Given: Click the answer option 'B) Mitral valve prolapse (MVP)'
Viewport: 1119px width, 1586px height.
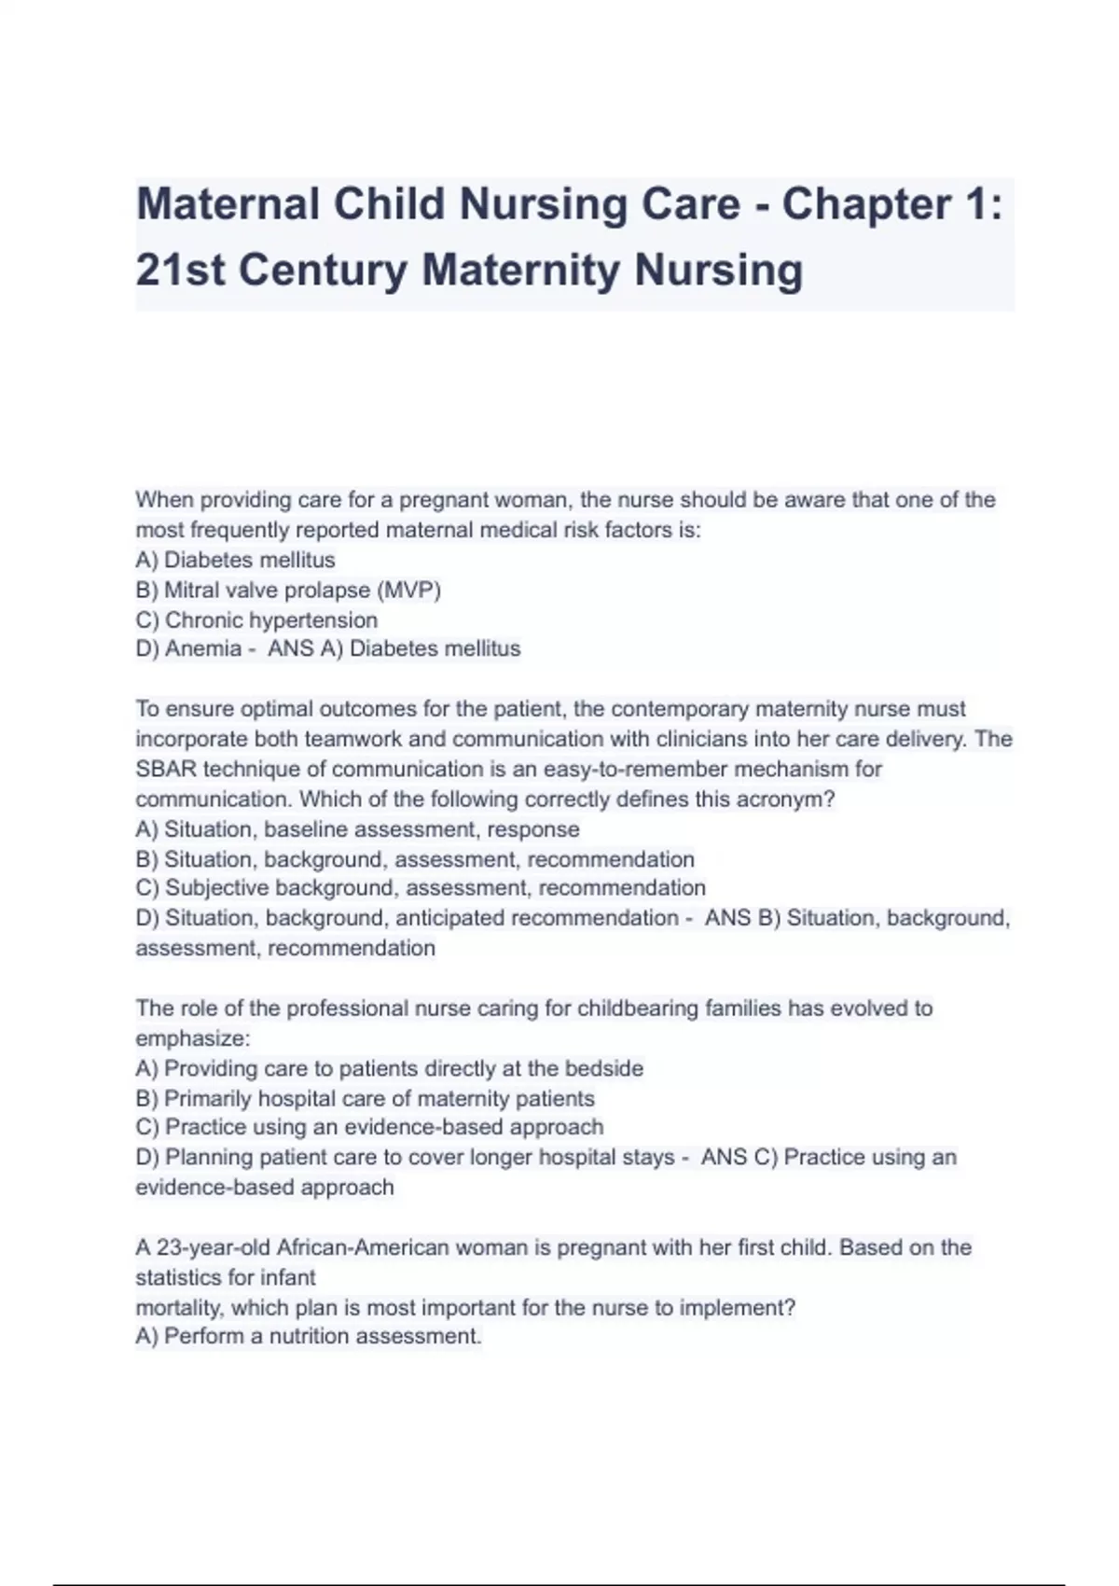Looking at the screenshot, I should click(288, 591).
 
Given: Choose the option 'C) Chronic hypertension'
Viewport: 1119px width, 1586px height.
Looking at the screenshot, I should click(256, 620).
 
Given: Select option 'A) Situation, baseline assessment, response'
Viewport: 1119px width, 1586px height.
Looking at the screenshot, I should click(357, 829).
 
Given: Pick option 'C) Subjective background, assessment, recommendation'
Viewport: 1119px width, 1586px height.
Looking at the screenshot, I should click(421, 888).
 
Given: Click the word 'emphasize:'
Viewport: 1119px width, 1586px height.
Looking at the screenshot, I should click(193, 1038).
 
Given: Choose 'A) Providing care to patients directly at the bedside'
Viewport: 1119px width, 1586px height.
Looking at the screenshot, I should click(389, 1068).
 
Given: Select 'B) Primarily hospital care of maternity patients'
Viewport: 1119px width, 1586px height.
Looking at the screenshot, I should click(365, 1099).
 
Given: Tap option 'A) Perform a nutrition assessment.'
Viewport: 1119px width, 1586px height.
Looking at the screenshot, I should click(309, 1337).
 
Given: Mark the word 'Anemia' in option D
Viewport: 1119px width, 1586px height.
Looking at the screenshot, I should click(203, 649).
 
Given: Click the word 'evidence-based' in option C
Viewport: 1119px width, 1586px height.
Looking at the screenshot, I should click(414, 1127).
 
